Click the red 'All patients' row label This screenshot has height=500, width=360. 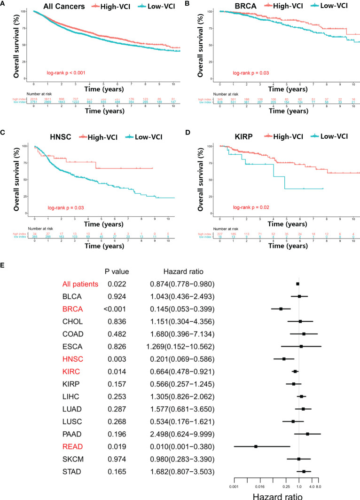80,284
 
